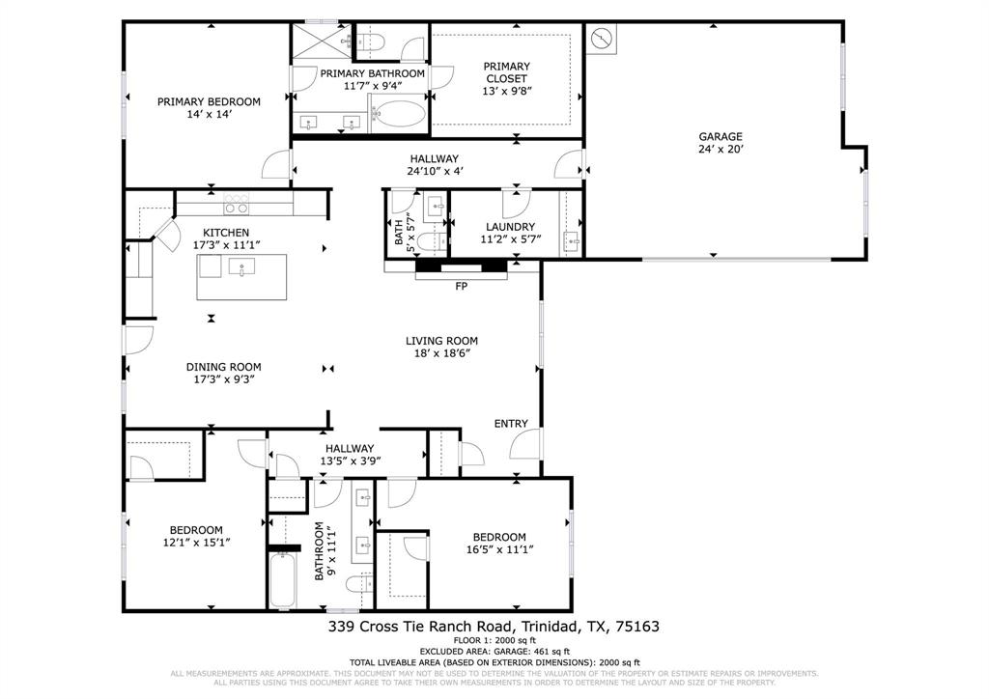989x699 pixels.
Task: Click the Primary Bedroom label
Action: [209, 101]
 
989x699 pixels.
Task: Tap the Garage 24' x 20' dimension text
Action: [721, 150]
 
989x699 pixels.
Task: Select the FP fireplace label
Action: [461, 287]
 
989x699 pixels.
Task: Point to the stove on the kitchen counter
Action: [236, 205]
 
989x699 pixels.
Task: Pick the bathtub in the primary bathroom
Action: [397, 117]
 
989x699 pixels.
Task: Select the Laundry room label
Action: [510, 227]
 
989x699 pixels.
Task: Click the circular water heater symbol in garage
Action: [602, 40]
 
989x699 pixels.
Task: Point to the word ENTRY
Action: [511, 424]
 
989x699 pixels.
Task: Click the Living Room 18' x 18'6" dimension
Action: [441, 353]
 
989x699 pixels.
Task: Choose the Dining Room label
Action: [223, 367]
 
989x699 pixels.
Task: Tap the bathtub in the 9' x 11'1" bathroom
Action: [282, 579]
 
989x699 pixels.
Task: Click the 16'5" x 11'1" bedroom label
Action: [498, 544]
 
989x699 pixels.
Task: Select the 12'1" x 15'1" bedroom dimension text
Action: [196, 543]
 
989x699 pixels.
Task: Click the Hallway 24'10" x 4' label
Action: [435, 172]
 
